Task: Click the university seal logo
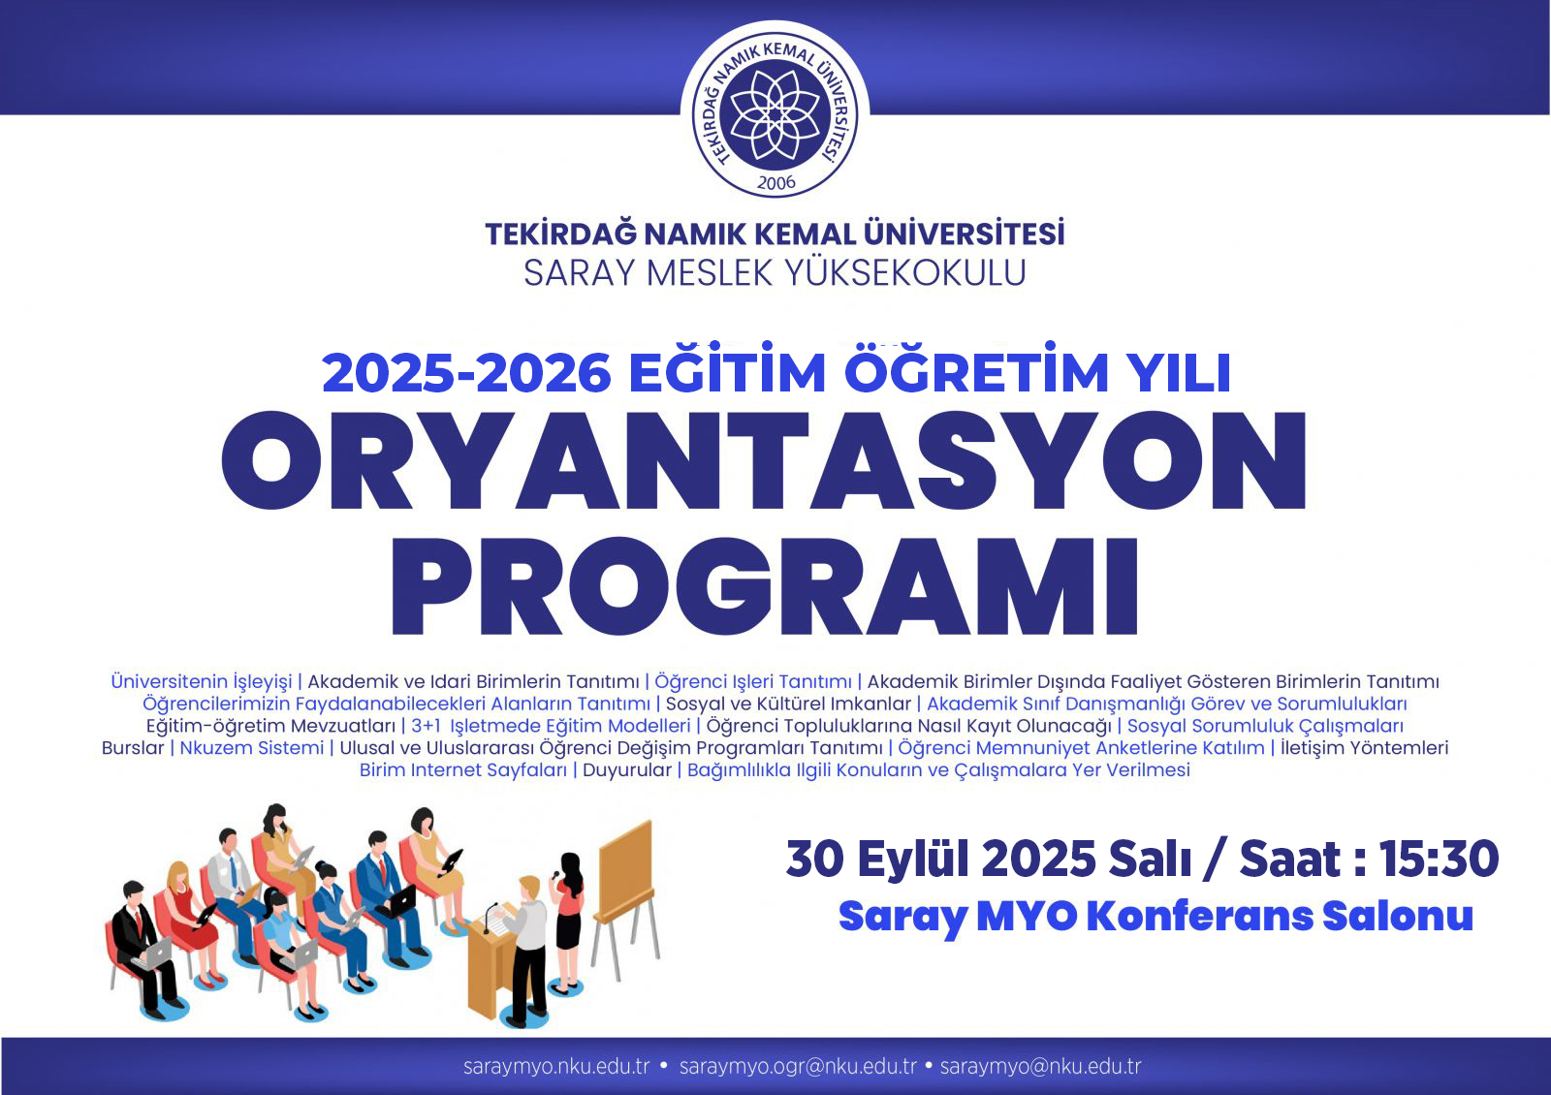coord(775,113)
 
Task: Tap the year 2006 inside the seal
coord(776,183)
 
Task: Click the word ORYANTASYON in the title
coord(764,460)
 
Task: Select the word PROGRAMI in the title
coord(765,585)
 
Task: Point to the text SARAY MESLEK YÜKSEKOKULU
coord(775,272)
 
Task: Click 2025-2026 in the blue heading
coord(466,374)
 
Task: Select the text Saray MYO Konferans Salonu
coord(1155,917)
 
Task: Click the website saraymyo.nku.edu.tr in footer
coord(556,1067)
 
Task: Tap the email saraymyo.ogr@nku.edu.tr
coord(798,1067)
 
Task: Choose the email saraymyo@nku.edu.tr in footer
coord(1041,1067)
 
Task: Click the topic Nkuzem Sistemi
coord(251,747)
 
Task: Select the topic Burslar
coord(132,747)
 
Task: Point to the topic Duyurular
coord(626,769)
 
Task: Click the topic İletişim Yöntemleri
coord(1364,747)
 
